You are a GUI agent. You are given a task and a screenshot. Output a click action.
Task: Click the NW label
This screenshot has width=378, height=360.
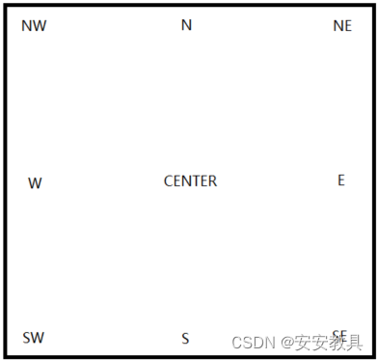click(x=34, y=26)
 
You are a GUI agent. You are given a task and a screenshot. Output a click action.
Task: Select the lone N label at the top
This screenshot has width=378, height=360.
click(x=186, y=25)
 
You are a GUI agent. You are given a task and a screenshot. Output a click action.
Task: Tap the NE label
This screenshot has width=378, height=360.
click(x=342, y=26)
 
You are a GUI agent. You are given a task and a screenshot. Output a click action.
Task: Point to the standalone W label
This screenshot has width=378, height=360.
click(x=35, y=183)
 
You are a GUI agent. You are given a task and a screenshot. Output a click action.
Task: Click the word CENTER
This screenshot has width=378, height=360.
click(x=190, y=180)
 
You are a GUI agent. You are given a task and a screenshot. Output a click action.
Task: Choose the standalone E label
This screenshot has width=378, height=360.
click(x=341, y=180)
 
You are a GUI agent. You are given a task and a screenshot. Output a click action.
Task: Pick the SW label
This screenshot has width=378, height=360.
click(x=33, y=338)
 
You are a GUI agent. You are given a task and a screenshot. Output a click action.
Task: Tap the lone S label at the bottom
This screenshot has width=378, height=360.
click(x=185, y=339)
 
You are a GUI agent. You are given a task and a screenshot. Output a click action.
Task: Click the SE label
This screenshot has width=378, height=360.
click(x=339, y=336)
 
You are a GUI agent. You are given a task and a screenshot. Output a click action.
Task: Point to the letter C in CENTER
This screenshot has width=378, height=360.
click(x=169, y=180)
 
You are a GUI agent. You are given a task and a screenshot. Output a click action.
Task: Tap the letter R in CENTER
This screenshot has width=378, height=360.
click(x=212, y=180)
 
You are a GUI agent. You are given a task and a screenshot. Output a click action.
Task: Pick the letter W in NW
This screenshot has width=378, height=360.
click(x=40, y=26)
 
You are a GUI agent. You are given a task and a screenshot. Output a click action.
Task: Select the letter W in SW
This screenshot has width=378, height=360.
click(x=38, y=338)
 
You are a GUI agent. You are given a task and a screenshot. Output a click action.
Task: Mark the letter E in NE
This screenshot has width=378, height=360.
click(x=348, y=26)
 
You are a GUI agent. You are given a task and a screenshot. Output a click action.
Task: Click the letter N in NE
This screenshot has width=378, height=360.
click(x=337, y=26)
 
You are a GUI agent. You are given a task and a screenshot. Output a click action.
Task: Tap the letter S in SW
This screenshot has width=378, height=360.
click(x=26, y=338)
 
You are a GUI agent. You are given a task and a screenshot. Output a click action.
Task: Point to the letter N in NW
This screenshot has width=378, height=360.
click(x=26, y=26)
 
